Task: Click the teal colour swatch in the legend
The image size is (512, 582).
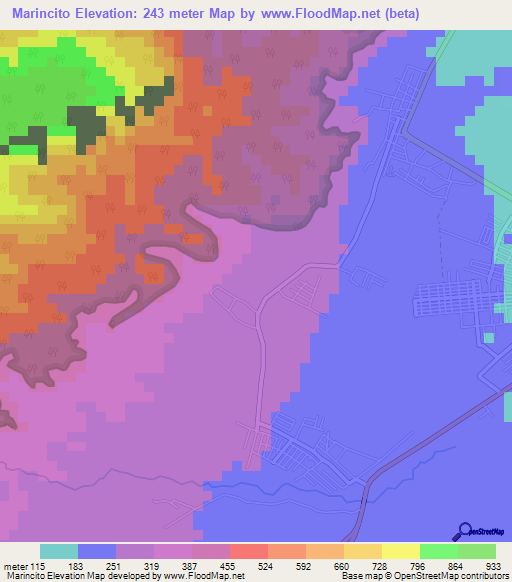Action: (x=58, y=551)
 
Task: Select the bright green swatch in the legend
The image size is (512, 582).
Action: (x=438, y=551)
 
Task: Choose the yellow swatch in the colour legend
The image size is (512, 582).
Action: (x=400, y=551)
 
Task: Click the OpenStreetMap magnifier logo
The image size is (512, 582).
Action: (x=465, y=531)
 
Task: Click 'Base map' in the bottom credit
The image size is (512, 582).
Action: (x=359, y=576)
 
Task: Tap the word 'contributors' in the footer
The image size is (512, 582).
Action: (x=485, y=576)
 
